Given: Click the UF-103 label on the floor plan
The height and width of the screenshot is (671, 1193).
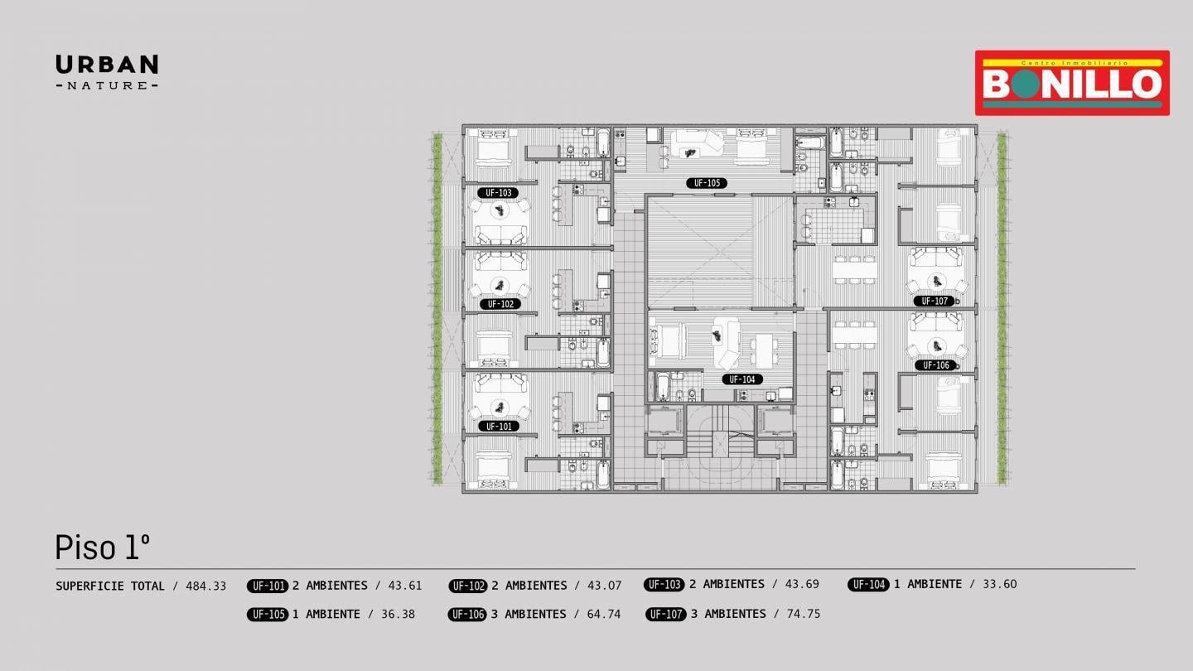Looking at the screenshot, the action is pos(498,193).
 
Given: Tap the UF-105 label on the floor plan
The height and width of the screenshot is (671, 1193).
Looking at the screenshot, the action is pos(707,183).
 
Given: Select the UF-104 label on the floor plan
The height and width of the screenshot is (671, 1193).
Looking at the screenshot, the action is pos(742,379).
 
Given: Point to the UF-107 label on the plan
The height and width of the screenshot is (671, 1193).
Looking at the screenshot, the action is pos(935,301).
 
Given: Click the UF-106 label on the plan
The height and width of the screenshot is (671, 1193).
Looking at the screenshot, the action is pos(936,365).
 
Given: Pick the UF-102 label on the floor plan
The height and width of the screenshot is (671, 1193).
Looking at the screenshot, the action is pos(500,304).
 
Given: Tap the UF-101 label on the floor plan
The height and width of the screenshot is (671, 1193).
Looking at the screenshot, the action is pos(499,427).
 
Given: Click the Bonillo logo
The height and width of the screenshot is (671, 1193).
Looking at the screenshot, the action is pos(1072,83).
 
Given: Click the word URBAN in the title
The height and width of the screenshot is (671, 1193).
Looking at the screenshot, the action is pos(107,65).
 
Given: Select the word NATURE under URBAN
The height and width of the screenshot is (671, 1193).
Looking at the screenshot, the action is pos(107,85).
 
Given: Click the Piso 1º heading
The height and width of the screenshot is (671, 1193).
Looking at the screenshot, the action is pos(102,547).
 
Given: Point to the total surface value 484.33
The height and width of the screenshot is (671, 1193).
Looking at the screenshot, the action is pos(206,587).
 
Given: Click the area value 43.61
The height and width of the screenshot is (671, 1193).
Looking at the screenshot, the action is pos(405,586).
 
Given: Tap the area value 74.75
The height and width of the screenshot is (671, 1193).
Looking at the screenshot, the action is pos(803,614).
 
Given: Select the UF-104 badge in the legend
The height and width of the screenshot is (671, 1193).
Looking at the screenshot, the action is pos(868,585).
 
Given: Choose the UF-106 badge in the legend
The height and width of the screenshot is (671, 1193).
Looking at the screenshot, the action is pos(467,615).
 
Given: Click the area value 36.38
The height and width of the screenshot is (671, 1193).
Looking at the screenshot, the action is pos(398,614).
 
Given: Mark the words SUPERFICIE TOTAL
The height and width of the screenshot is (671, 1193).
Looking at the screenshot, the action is pos(110,587).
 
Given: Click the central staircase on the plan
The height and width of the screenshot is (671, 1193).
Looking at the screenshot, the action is pos(719,432).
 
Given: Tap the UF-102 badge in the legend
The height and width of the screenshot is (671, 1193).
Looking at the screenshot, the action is pos(467,586).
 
